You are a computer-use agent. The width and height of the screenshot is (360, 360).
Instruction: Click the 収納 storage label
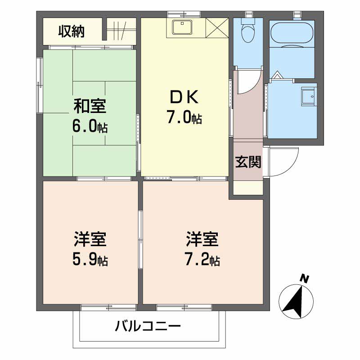tap(71, 31)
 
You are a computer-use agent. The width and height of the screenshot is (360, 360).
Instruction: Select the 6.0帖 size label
tap(90, 127)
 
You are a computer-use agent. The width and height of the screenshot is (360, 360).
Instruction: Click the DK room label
tap(184, 98)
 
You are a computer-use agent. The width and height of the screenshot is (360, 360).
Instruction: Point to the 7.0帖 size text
tap(184, 118)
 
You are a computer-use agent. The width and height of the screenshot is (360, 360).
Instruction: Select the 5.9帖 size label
tap(90, 260)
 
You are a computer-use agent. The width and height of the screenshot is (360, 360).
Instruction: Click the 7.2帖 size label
tap(202, 260)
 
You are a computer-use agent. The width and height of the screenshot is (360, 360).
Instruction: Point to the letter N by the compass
tap(305, 279)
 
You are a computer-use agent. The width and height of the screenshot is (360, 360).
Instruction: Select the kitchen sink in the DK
tap(183, 27)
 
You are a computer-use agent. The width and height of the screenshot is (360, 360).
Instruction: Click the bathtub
tap(292, 34)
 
